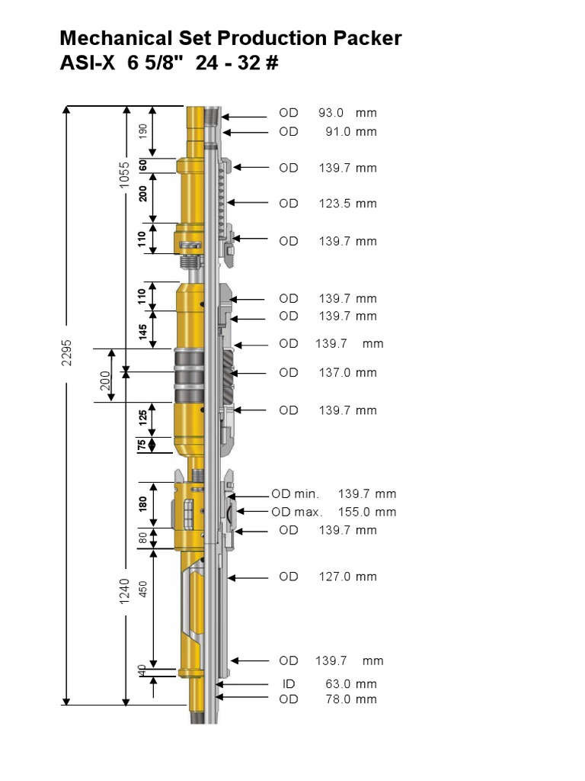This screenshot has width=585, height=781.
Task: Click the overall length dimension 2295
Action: pos(66,355)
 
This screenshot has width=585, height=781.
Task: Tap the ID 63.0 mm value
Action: pos(350,684)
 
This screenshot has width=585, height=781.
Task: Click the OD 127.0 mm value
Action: pos(347,577)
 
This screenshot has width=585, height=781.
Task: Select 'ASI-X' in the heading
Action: pos(85,63)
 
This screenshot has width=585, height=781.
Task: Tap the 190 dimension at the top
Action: pos(142,131)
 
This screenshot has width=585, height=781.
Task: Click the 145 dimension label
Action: pos(142,331)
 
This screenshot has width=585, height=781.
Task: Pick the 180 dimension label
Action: pos(142,504)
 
